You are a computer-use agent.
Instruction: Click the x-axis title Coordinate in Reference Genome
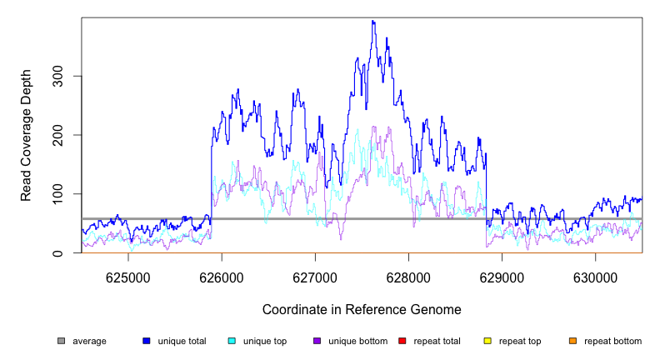[x=362, y=309]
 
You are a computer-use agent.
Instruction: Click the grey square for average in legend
[x=61, y=341]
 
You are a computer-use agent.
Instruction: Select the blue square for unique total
[x=147, y=341]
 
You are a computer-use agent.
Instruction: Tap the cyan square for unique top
[x=232, y=341]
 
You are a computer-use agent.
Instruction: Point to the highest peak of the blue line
[x=373, y=22]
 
